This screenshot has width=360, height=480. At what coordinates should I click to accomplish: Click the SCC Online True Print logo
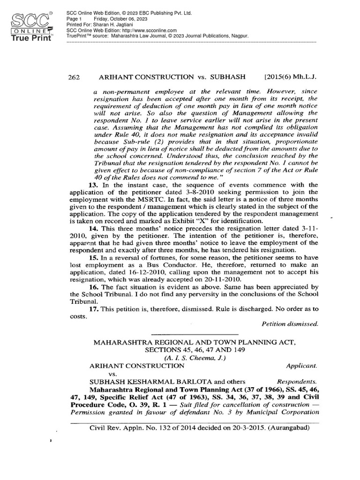point(32,27)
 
